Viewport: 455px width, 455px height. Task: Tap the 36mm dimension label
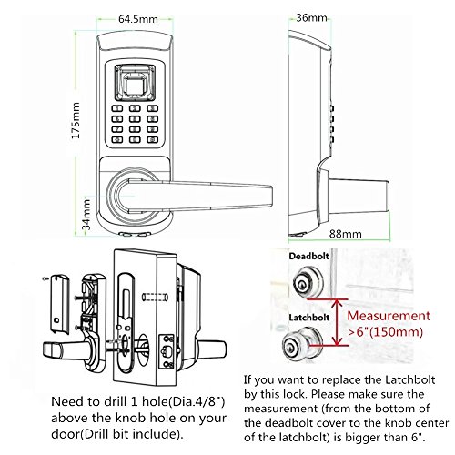pyautogui.click(x=312, y=16)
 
